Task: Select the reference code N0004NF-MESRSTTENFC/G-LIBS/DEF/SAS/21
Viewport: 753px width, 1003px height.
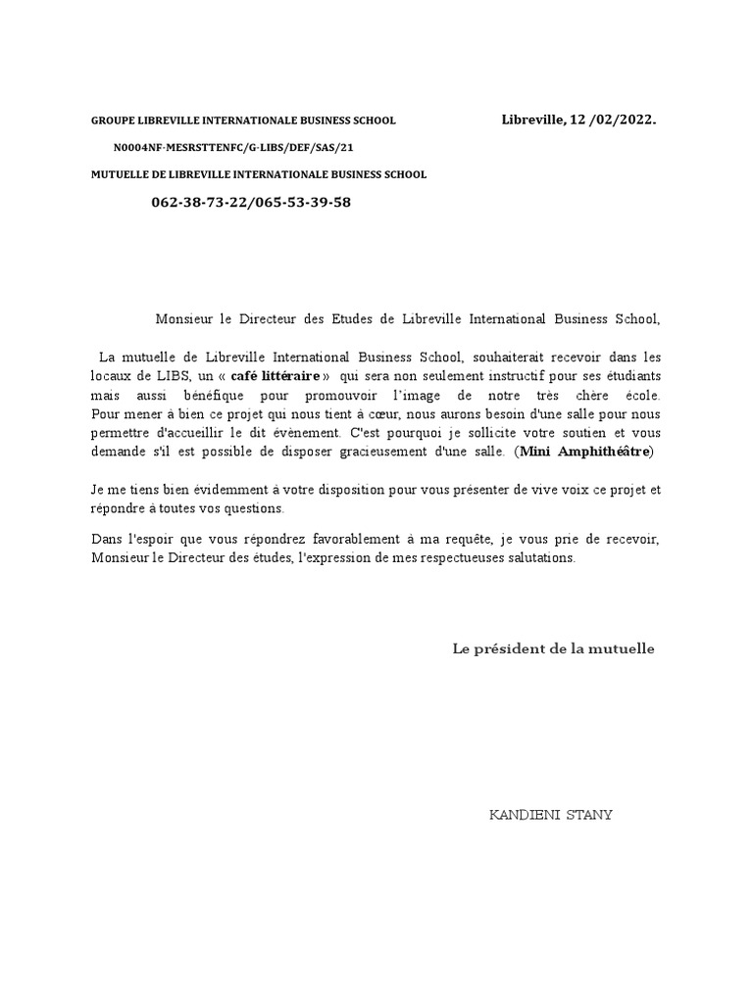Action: [x=233, y=147]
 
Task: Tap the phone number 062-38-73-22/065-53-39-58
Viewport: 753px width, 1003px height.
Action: [x=251, y=202]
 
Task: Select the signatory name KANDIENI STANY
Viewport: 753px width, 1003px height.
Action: [x=550, y=815]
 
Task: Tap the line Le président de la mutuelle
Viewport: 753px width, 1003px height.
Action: [x=553, y=648]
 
